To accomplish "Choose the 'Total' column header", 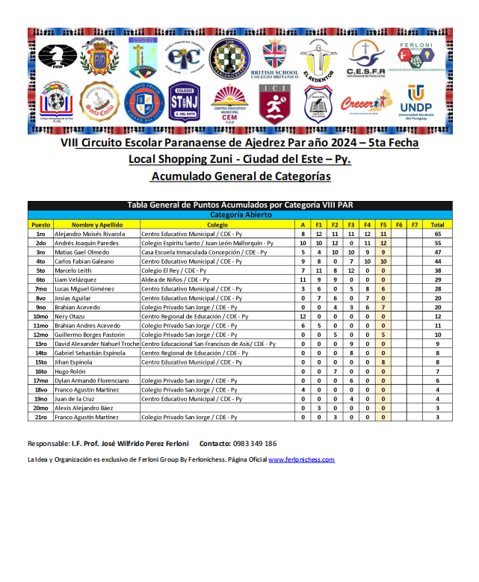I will [x=437, y=225].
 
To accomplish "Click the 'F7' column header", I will [x=415, y=225].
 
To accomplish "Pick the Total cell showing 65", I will [x=437, y=234].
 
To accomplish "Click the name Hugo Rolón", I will [x=69, y=371].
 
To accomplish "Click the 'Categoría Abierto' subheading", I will [x=240, y=215].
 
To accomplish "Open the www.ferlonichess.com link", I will [x=301, y=460].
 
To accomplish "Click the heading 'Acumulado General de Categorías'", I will [x=240, y=177].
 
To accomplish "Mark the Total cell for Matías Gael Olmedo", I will [x=437, y=253].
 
